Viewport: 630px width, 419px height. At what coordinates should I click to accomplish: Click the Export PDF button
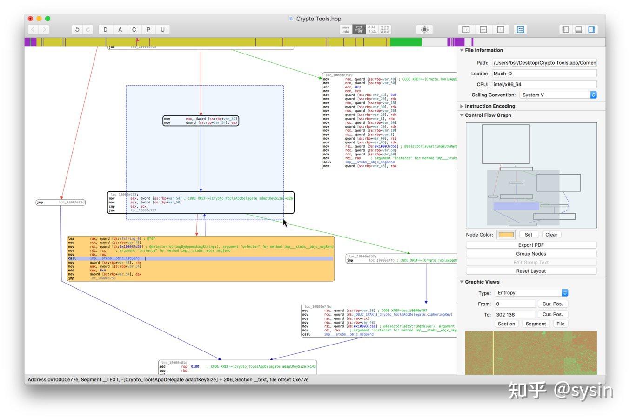point(531,245)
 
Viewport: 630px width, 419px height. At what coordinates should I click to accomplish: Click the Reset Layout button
point(531,271)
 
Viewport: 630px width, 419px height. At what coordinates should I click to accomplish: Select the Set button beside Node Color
point(528,235)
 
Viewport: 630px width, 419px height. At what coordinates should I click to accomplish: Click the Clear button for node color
point(551,235)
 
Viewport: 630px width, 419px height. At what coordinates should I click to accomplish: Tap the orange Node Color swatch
point(506,235)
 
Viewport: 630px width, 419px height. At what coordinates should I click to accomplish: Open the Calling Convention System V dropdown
point(558,95)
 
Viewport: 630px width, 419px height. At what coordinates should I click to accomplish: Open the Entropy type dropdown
point(531,293)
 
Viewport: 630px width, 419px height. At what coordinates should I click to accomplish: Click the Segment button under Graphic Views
point(536,324)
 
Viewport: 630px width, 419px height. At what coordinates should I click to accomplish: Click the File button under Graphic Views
point(560,324)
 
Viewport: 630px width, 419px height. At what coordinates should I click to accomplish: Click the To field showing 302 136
point(515,315)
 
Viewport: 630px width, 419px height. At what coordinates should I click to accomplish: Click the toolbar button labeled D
point(106,29)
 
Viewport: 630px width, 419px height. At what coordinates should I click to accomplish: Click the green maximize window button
point(47,19)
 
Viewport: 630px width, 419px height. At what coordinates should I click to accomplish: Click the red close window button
point(30,19)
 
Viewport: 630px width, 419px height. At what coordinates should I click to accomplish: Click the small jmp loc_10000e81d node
point(61,203)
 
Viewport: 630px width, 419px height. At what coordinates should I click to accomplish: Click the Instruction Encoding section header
point(490,106)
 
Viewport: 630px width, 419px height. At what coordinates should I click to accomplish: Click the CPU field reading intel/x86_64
point(543,84)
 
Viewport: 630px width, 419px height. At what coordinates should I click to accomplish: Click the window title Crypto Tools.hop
point(318,19)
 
